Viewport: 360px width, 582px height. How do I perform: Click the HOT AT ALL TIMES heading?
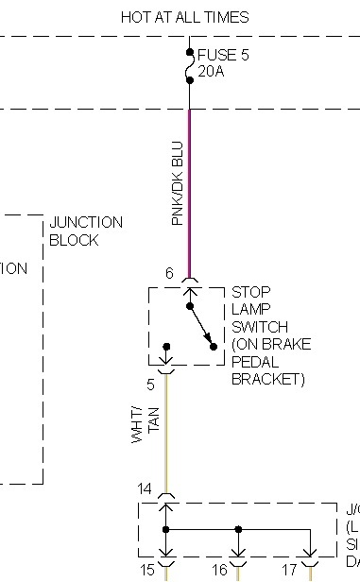click(185, 17)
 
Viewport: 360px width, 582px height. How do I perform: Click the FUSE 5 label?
click(223, 56)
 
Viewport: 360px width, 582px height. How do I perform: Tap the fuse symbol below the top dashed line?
click(189, 67)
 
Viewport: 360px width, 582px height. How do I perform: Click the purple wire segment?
click(190, 189)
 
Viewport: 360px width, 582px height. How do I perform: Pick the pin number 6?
click(169, 274)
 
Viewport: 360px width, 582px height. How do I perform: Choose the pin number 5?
click(149, 385)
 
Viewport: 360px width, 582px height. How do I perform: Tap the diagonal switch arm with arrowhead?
click(199, 327)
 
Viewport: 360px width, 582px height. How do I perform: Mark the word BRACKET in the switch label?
click(268, 380)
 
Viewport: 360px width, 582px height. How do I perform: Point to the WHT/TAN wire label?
click(140, 431)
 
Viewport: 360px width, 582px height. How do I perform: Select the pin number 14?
click(145, 488)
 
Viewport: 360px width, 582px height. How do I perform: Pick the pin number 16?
click(219, 571)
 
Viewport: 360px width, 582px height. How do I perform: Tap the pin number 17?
click(290, 571)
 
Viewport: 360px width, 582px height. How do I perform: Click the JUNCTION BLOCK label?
click(86, 231)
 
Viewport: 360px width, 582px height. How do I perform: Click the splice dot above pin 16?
click(237, 530)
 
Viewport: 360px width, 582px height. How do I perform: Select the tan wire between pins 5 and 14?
click(166, 435)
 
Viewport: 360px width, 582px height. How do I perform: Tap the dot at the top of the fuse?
click(189, 52)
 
